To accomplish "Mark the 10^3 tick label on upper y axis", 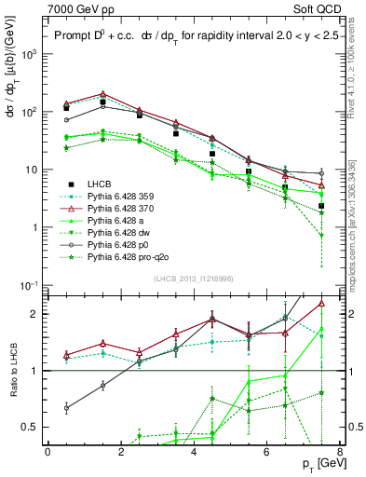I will tap(30, 54).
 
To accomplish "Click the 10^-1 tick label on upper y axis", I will tap(29, 285).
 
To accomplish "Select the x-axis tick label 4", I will tap(194, 451).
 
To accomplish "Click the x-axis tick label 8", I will tap(340, 451).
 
